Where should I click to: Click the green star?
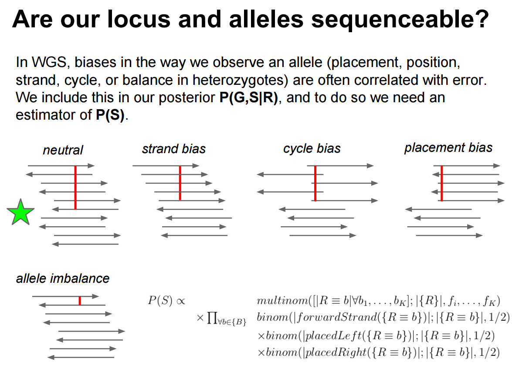(20, 213)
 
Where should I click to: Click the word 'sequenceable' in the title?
(400, 19)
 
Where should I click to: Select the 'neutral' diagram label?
(63, 150)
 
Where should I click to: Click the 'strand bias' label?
(174, 149)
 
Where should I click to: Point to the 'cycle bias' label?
(312, 149)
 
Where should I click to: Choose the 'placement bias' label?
(448, 147)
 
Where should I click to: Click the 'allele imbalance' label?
(63, 278)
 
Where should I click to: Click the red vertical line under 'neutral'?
(75, 188)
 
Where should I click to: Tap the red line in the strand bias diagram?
(180, 183)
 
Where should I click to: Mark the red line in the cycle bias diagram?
(315, 183)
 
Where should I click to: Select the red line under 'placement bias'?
(442, 183)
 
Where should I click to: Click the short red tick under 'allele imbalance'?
(80, 301)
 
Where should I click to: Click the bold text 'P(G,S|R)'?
(249, 97)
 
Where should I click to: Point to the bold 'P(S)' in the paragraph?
(110, 115)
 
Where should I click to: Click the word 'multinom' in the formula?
(282, 300)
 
